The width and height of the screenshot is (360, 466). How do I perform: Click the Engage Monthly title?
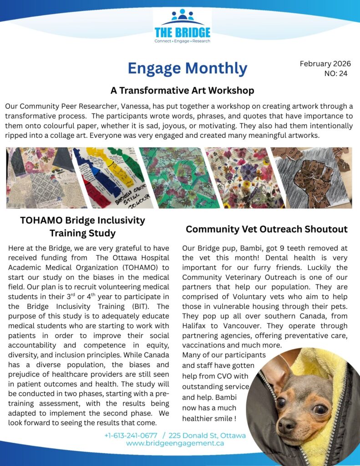pos(188,68)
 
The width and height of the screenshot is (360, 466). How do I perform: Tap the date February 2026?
pos(325,64)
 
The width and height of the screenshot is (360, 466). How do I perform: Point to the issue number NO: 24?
pos(336,73)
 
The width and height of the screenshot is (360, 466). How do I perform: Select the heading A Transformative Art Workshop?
pos(182,90)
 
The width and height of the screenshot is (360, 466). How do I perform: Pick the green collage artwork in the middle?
pos(172,177)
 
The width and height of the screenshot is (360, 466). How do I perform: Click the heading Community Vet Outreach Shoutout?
pos(266,229)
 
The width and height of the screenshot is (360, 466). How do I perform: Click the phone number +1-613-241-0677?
pos(131,436)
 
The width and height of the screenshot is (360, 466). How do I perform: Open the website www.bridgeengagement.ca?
pos(175,443)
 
